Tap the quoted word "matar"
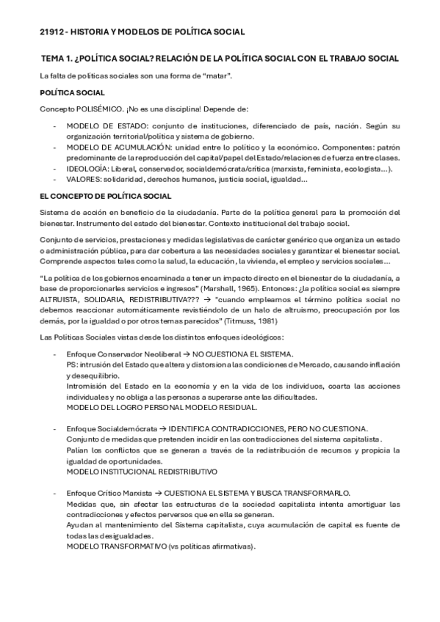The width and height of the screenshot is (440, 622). (220, 76)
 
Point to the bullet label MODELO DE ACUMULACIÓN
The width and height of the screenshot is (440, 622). (112, 147)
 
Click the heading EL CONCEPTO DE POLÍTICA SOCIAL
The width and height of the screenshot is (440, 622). (105, 196)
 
